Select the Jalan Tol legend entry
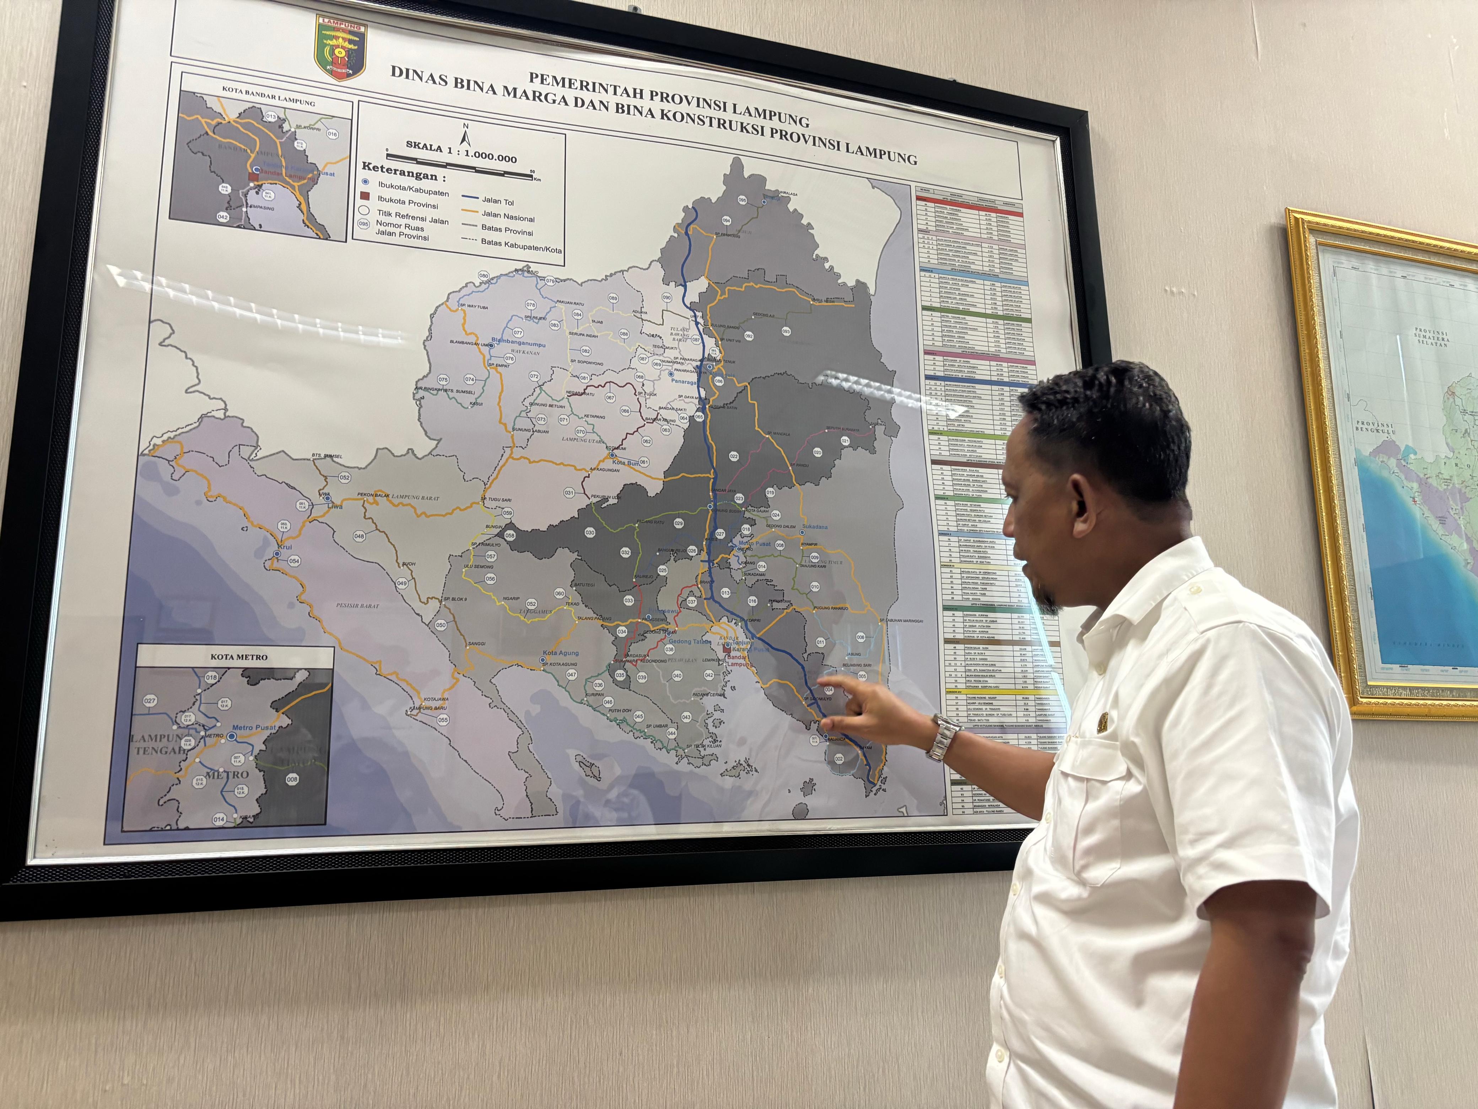tap(498, 200)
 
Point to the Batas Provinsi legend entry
tap(507, 231)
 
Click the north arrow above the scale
tap(466, 136)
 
